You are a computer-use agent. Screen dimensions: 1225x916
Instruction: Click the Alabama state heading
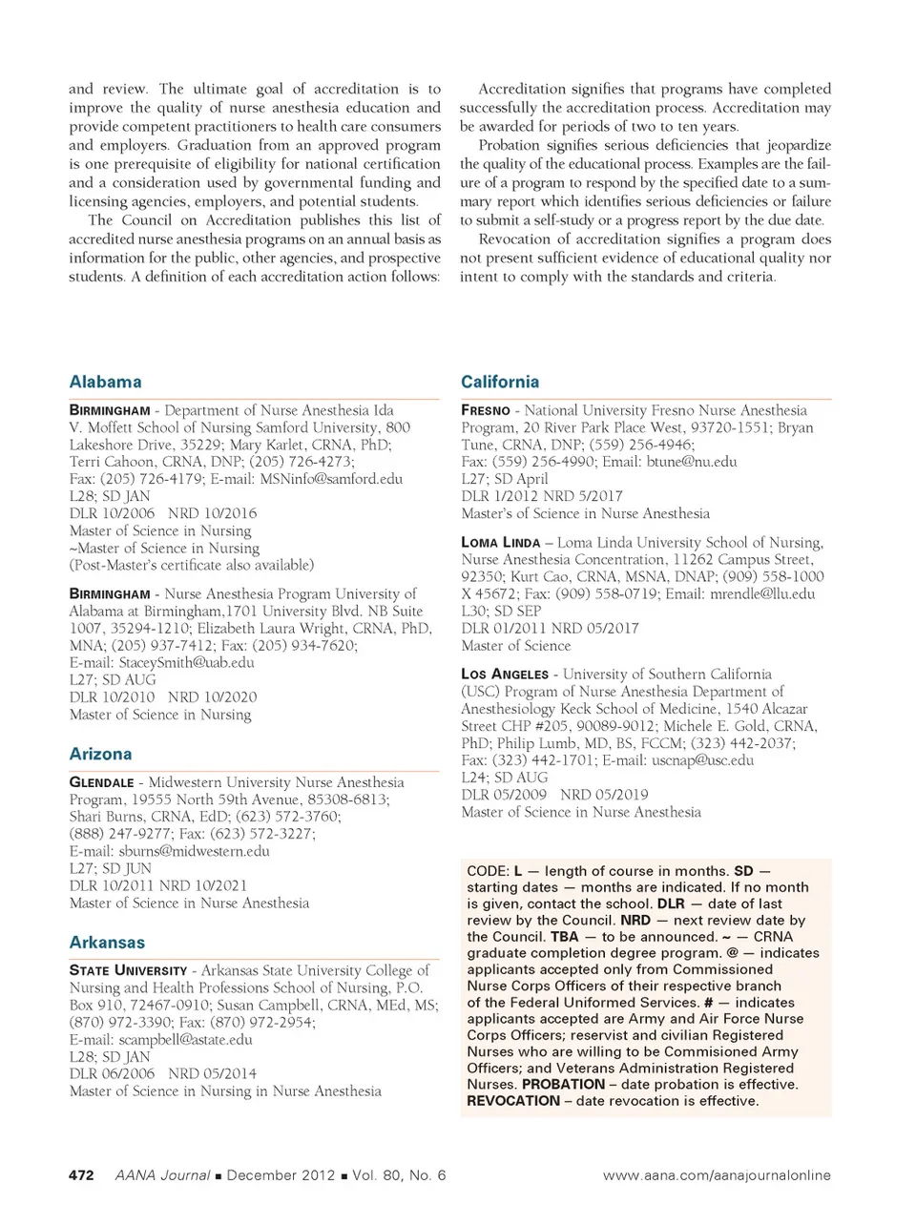pyautogui.click(x=105, y=382)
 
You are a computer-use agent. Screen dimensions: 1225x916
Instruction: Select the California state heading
pyautogui.click(x=499, y=382)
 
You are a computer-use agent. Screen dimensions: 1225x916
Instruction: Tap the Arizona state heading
pyautogui.click(x=100, y=754)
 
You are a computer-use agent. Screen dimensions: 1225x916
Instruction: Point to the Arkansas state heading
pyautogui.click(x=107, y=943)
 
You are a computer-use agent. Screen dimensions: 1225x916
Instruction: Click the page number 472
pyautogui.click(x=81, y=1175)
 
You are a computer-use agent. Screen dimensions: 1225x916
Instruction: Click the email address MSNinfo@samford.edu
pyautogui.click(x=331, y=479)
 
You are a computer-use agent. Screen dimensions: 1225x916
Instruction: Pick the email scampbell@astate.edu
pyautogui.click(x=185, y=1040)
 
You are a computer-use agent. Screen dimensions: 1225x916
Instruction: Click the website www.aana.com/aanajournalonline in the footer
pyautogui.click(x=717, y=1175)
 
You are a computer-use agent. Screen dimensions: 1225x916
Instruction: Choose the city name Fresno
pyautogui.click(x=485, y=410)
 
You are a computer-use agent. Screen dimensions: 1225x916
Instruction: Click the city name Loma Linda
pyautogui.click(x=501, y=543)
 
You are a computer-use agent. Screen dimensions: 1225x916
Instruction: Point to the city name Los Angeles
pyautogui.click(x=505, y=675)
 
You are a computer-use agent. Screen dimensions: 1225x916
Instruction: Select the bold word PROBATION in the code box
pyautogui.click(x=564, y=1085)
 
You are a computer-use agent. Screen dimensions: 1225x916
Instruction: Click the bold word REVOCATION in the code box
pyautogui.click(x=513, y=1101)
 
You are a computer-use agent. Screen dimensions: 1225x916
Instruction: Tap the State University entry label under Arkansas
pyautogui.click(x=128, y=971)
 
